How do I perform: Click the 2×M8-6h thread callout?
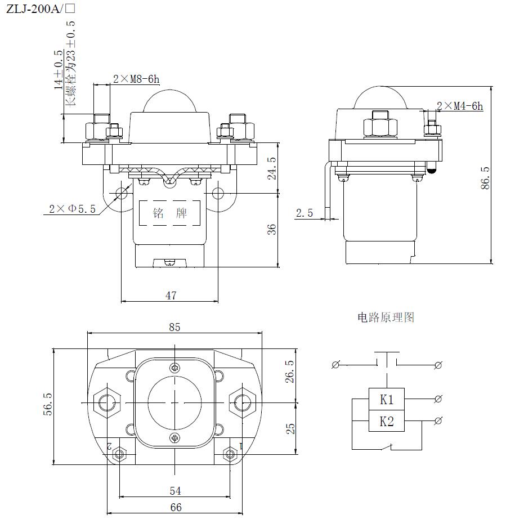(x=136, y=79)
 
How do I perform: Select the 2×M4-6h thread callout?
(x=460, y=106)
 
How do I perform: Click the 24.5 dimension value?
(x=272, y=168)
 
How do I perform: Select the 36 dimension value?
(x=272, y=230)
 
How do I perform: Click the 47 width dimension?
(x=171, y=295)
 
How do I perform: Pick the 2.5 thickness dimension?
(x=304, y=213)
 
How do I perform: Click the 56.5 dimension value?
(x=47, y=404)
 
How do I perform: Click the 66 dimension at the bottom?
(x=176, y=507)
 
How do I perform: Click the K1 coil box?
(x=386, y=400)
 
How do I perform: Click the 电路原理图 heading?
(x=386, y=317)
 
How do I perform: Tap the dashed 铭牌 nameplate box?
(x=170, y=213)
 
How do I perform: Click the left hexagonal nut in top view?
(x=107, y=402)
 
